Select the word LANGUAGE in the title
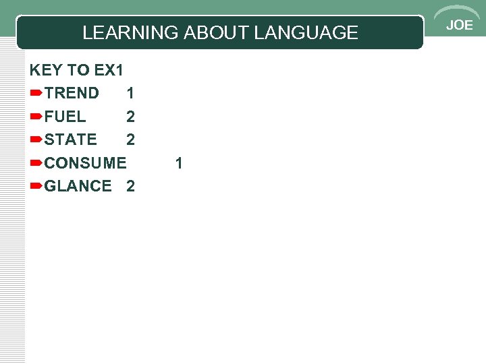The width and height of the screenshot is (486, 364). [x=306, y=32]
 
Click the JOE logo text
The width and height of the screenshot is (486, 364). [x=460, y=26]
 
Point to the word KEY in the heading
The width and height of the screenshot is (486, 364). [x=45, y=70]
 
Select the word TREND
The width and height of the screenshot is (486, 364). [x=72, y=93]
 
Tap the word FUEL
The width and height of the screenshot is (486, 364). [x=65, y=117]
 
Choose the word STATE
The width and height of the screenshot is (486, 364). [x=70, y=140]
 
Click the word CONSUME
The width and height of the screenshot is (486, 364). [x=85, y=163]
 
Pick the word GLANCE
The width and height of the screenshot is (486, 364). [x=78, y=186]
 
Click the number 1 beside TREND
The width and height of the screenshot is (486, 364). [x=130, y=93]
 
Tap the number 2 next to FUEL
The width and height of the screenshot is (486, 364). [x=130, y=117]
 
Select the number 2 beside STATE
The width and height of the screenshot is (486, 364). [x=130, y=140]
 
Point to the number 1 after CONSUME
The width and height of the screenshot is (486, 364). [x=179, y=163]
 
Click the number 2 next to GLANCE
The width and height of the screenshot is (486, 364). [x=130, y=186]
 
